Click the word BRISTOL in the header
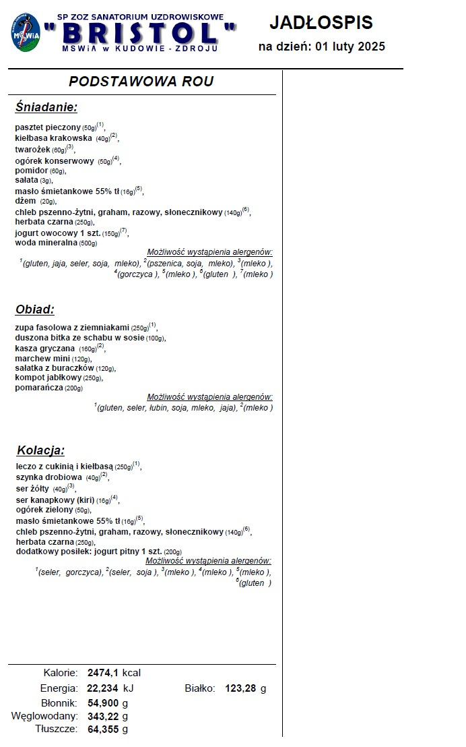141,33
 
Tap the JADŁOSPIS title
321,22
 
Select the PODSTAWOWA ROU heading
141,82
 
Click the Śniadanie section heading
46,107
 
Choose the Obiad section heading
34,309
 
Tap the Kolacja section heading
40,450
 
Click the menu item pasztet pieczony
47,127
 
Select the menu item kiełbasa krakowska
54,138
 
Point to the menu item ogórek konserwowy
55,161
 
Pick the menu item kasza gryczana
45,349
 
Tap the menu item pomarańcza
38,388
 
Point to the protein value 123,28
242,688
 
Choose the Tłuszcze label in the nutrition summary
57,729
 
